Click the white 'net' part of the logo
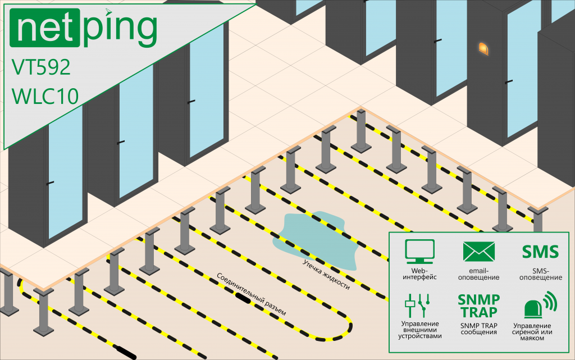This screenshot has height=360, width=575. tap(45, 28)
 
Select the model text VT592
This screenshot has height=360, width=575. tap(40, 67)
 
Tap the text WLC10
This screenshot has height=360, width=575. tap(45, 96)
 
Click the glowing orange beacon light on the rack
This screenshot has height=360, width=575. tap(483, 48)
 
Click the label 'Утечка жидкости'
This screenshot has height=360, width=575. tap(326, 275)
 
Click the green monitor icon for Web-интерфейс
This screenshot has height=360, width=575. tap(419, 252)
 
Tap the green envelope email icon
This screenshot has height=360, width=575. tap(478, 252)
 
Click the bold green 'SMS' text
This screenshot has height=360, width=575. tap(541, 252)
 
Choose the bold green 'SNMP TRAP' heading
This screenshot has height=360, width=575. tap(478, 306)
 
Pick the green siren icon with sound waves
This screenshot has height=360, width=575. tap(540, 304)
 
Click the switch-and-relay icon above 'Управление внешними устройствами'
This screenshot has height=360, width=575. tap(417, 305)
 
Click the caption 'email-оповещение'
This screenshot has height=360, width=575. tap(478, 274)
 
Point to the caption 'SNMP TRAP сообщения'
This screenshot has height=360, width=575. tap(478, 329)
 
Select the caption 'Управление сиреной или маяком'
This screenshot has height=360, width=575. tap(532, 332)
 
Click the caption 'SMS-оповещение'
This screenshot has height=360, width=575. tap(541, 274)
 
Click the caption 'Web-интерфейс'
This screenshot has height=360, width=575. tap(419, 274)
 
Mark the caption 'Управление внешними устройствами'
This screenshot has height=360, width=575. tap(420, 330)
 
